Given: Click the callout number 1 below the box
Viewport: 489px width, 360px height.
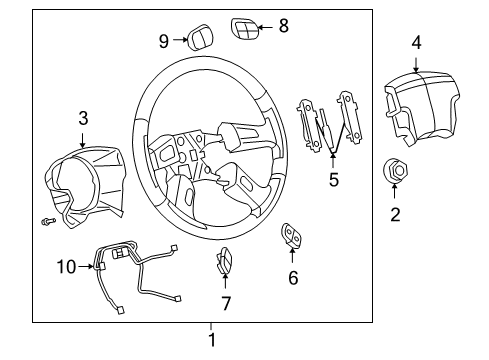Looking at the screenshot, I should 211,340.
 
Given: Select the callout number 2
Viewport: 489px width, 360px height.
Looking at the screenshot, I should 396,213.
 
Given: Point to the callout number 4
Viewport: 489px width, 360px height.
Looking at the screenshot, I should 416,42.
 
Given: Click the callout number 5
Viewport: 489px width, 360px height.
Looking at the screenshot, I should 334,180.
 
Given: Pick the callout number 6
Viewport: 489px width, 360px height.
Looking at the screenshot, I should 293,277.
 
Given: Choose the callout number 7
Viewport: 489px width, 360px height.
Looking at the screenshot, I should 225,303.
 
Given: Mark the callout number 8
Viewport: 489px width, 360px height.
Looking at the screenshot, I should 283,26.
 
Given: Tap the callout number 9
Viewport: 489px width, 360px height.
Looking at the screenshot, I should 163,41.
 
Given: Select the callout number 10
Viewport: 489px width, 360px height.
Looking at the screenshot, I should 65,266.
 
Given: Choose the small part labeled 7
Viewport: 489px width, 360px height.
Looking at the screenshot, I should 225,264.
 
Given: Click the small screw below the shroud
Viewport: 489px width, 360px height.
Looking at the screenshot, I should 47,220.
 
